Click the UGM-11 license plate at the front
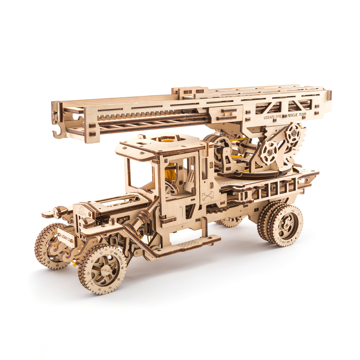click(x=65, y=237)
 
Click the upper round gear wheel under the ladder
click(x=293, y=133)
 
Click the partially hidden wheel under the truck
click(x=230, y=222)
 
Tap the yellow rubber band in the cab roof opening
click(x=169, y=140)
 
